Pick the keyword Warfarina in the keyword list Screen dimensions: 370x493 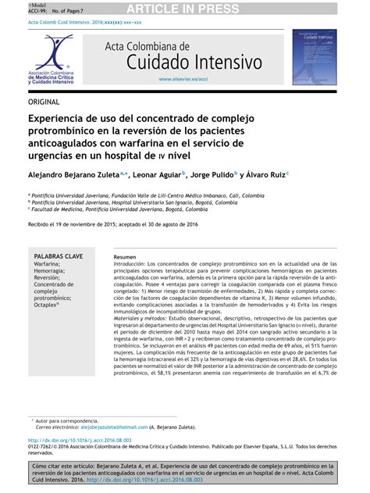pyautogui.click(x=50, y=265)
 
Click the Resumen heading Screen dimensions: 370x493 pyautogui.click(x=124, y=257)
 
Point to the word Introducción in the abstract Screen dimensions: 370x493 pyautogui.click(x=129, y=265)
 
